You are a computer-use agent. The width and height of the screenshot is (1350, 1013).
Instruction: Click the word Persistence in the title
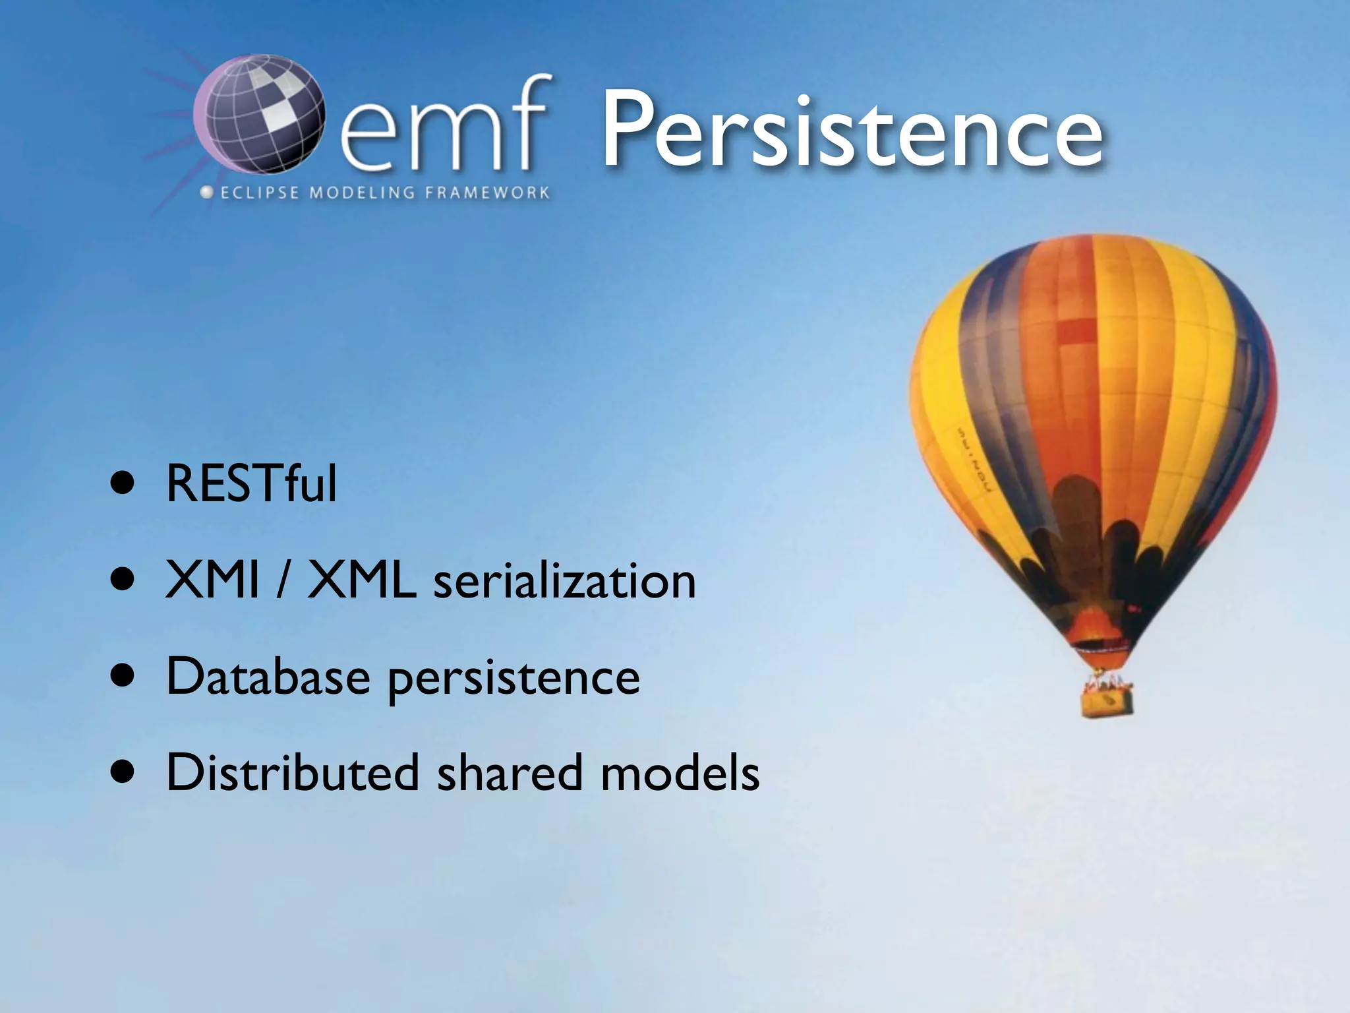point(852,131)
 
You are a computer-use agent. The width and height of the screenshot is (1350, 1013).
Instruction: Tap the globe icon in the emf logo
point(260,115)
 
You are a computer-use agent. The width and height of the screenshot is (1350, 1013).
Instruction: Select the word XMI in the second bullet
point(212,580)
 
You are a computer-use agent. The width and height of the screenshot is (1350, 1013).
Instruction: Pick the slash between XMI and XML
point(283,580)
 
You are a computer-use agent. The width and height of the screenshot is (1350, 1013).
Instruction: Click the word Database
point(268,677)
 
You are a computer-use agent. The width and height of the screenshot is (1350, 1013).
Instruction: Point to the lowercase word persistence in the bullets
point(513,679)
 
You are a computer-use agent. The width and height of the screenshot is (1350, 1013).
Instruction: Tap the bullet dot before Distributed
point(123,773)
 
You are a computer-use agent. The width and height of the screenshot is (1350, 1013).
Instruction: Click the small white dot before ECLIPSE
point(207,193)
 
